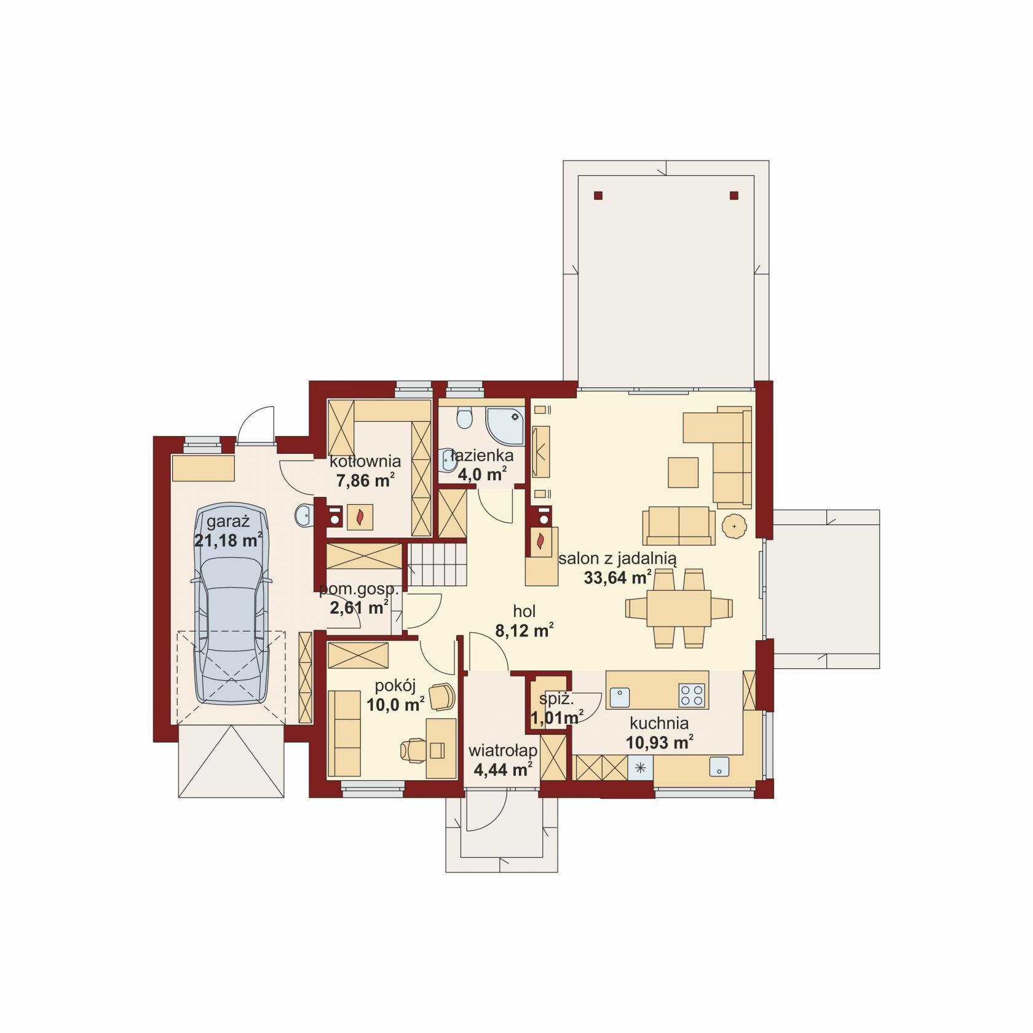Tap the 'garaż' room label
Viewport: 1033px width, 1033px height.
[228, 523]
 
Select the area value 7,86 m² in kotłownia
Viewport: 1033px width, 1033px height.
[365, 480]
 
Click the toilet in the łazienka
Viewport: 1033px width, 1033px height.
[464, 418]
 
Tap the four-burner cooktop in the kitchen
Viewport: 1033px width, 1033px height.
[691, 695]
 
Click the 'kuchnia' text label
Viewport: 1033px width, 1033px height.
[659, 723]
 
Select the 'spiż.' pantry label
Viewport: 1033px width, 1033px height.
[556, 699]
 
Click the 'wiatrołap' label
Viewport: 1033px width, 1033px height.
[502, 751]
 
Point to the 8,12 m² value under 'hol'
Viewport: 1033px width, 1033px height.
[524, 630]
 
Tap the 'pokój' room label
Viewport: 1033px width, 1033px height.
[395, 686]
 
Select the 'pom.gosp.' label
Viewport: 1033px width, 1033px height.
[359, 590]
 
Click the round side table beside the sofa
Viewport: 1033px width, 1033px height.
[735, 526]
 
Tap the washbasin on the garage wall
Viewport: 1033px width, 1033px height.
[303, 515]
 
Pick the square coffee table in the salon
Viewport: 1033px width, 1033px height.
[683, 472]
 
